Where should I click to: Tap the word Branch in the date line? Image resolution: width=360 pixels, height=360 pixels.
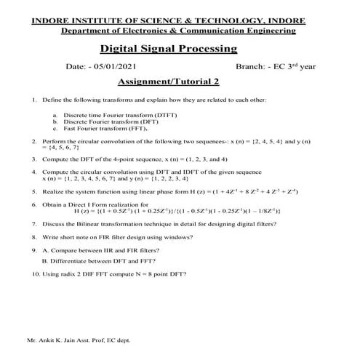click(x=251, y=67)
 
